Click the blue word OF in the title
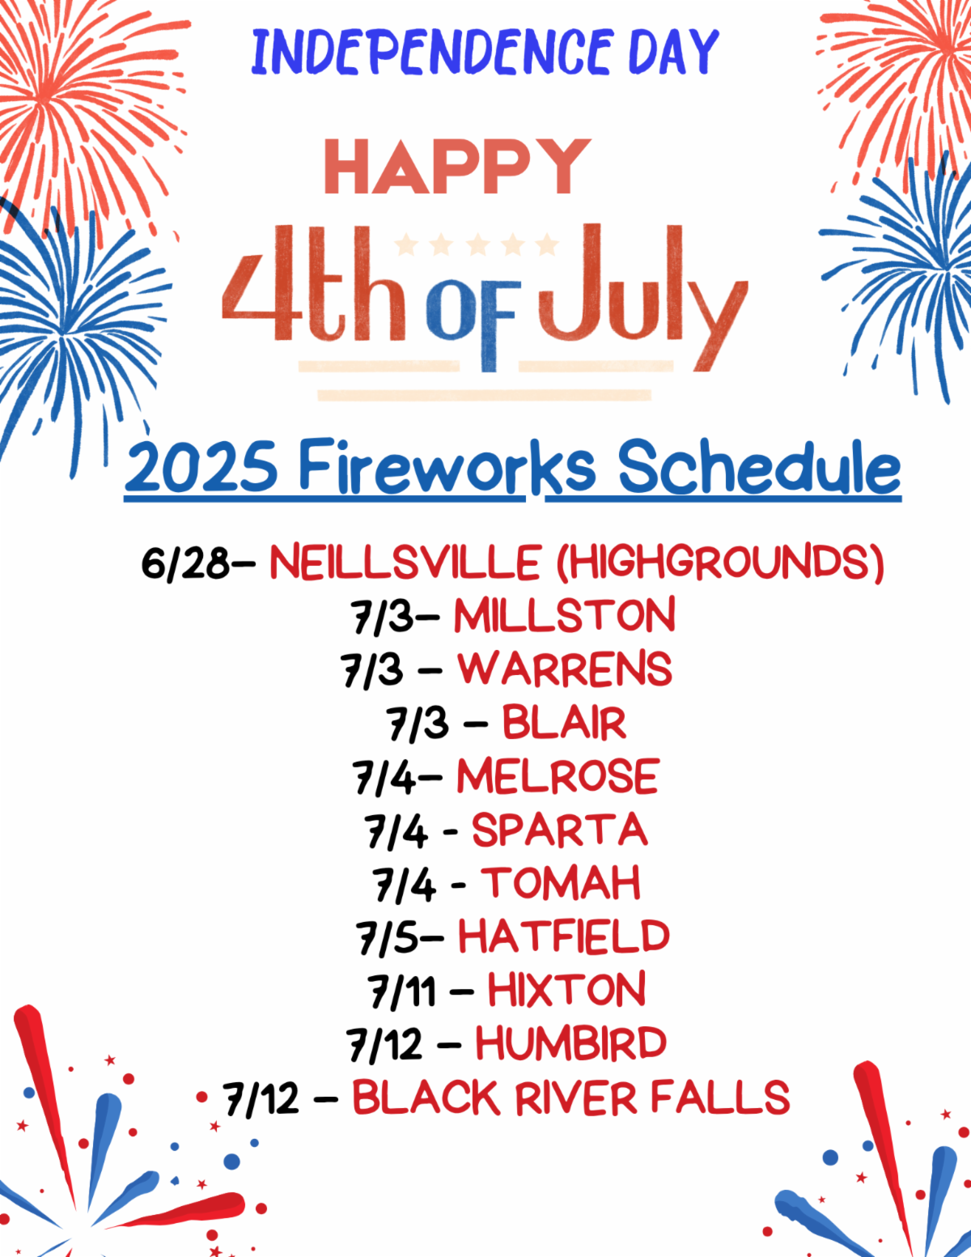click(x=470, y=325)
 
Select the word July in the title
click(x=642, y=298)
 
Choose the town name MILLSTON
click(x=565, y=615)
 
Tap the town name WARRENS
click(x=565, y=669)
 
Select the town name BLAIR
click(x=565, y=723)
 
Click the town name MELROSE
click(x=558, y=776)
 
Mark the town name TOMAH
click(x=561, y=883)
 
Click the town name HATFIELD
click(x=564, y=936)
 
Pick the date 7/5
click(x=387, y=937)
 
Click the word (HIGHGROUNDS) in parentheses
click(x=721, y=563)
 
